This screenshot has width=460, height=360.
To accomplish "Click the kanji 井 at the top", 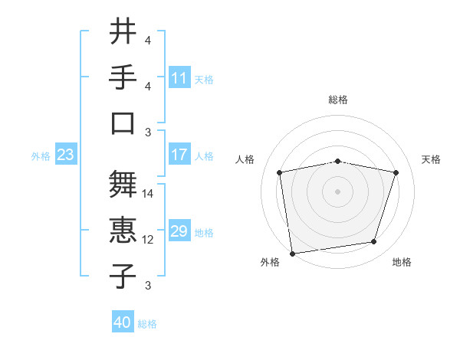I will coord(123,33).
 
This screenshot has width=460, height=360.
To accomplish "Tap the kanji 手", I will coord(123,77).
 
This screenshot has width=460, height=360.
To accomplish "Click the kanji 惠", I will coord(123,231).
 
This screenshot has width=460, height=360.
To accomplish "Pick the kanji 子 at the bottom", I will coord(123,277).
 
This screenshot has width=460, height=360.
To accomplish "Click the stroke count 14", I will coord(149,194).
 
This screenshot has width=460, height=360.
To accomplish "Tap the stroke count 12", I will coord(149,240).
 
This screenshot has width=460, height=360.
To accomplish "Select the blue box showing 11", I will coord(179,78).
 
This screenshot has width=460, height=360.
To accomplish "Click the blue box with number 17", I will coord(179,155).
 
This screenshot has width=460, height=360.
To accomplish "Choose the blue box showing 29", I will coord(179,231).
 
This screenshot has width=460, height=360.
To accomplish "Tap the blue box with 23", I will coord(65,155).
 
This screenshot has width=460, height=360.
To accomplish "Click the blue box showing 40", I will coord(122,322).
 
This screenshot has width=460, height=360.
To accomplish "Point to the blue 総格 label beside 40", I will coord(147,324).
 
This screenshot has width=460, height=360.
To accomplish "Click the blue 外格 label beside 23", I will coord(41,156).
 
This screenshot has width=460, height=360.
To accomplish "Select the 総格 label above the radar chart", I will coord(338,100).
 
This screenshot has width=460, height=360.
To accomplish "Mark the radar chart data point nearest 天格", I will coord(396,172).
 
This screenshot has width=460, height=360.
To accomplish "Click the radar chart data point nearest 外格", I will coord(292,253).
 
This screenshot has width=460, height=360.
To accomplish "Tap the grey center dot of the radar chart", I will coord(338,191).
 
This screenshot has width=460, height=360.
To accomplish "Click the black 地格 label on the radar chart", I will coord(402,262).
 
